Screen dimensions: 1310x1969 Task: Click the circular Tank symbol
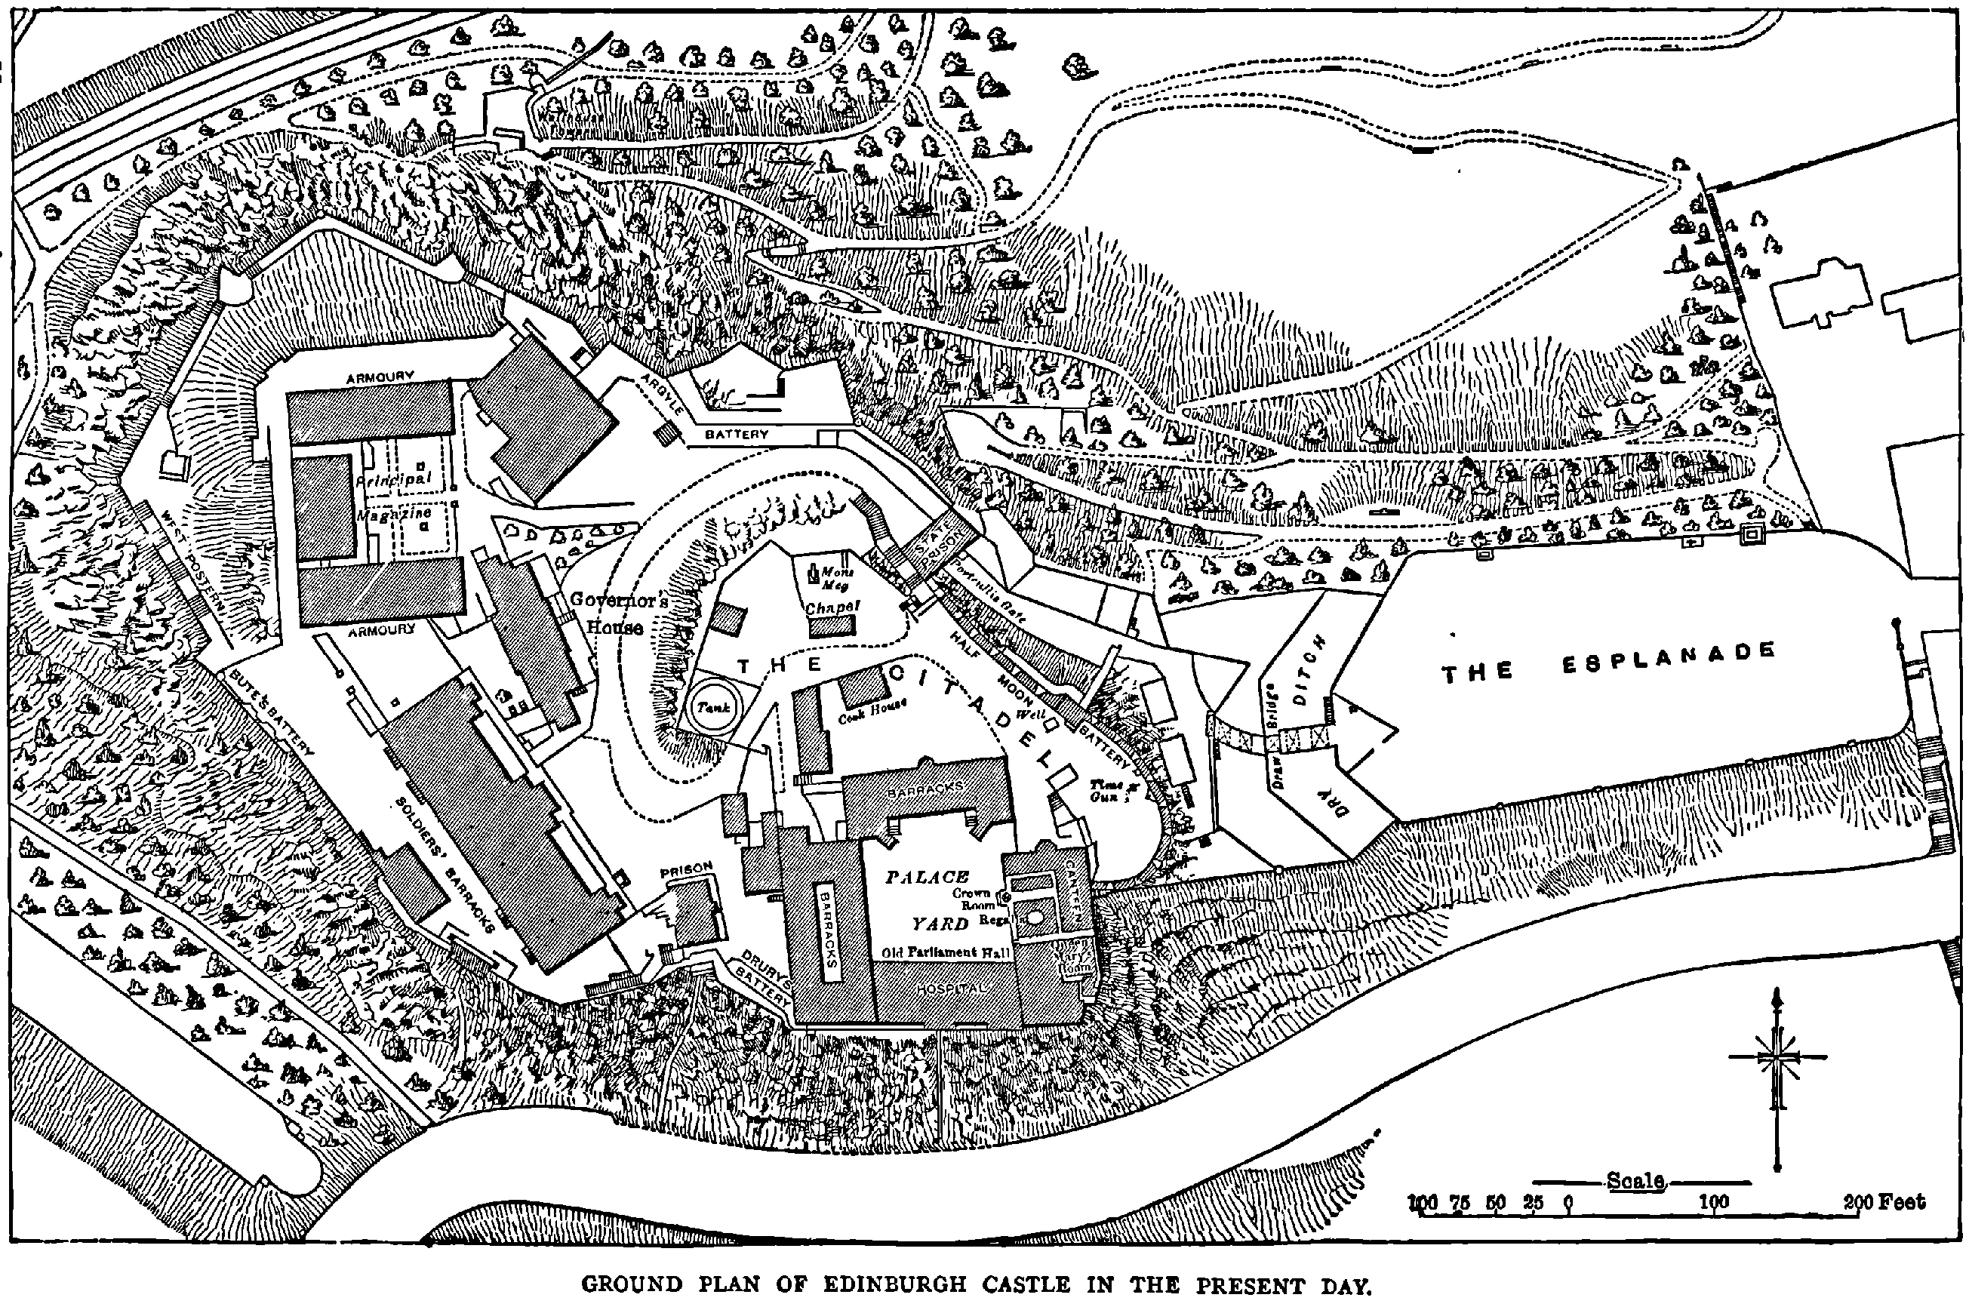(x=713, y=707)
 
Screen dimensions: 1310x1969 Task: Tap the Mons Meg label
(x=835, y=578)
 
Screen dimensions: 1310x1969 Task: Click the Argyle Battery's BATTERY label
(x=736, y=435)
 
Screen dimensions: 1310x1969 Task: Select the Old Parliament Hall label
(x=946, y=952)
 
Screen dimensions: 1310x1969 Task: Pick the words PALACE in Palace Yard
(x=928, y=876)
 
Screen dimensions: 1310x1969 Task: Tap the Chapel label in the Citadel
(x=832, y=607)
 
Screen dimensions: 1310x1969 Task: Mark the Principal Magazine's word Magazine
(x=393, y=515)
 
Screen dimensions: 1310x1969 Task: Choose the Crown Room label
(x=974, y=899)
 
